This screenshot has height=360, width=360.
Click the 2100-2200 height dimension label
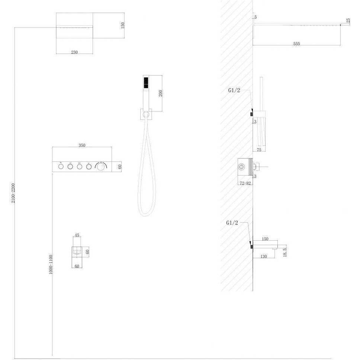pyautogui.click(x=13, y=193)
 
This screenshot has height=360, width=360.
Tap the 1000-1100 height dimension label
pyautogui.click(x=51, y=264)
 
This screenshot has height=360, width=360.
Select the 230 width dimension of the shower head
pyautogui.click(x=74, y=52)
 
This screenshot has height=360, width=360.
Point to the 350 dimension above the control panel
pyautogui.click(x=82, y=145)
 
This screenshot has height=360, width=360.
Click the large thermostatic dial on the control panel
pyautogui.click(x=100, y=167)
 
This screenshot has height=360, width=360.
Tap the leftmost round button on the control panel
pyautogui.click(x=61, y=167)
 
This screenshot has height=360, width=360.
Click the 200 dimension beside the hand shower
pyautogui.click(x=161, y=93)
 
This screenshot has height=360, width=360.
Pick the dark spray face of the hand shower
pyautogui.click(x=146, y=83)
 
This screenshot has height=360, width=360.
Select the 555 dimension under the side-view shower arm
pyautogui.click(x=297, y=44)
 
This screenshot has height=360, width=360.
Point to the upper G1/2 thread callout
pyautogui.click(x=234, y=90)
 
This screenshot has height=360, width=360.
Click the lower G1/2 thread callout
pyautogui.click(x=232, y=222)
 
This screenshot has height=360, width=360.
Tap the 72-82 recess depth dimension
pyautogui.click(x=245, y=183)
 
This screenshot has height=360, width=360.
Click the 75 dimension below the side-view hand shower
pyautogui.click(x=259, y=150)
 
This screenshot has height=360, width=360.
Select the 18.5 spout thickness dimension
pyautogui.click(x=285, y=252)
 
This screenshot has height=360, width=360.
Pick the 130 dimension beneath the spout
pyautogui.click(x=264, y=257)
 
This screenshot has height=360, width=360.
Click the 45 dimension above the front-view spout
pyautogui.click(x=77, y=235)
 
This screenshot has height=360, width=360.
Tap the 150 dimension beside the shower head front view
pyautogui.click(x=123, y=25)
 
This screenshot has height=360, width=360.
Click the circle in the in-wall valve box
pyautogui.click(x=241, y=167)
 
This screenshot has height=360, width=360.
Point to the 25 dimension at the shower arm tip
pyautogui.click(x=348, y=21)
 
